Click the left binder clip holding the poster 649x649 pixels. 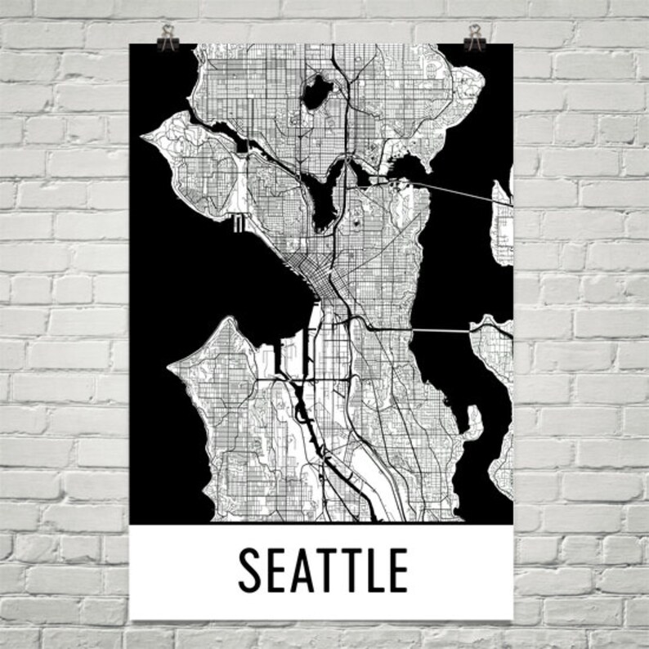pos(169,38)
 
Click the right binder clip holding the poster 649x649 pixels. pos(473,38)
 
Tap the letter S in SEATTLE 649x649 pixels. pos(253,570)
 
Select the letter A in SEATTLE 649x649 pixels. pos(306,570)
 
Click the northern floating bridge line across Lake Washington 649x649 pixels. pos(458,187)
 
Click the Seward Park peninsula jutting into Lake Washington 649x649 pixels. pos(473,420)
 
